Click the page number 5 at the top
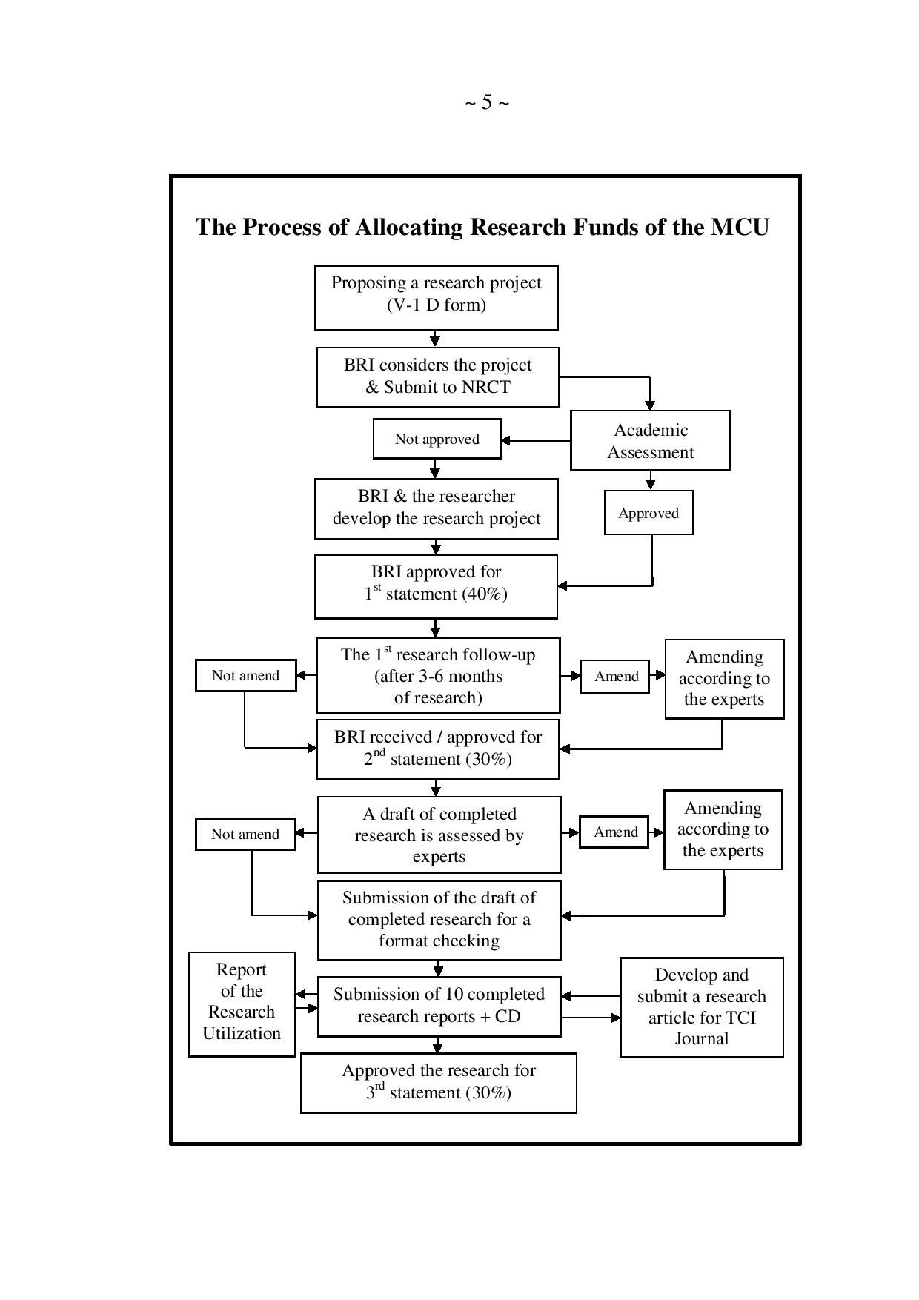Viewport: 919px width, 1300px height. [x=487, y=102]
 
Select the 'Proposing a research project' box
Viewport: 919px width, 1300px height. [x=436, y=297]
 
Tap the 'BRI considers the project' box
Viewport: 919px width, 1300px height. [x=437, y=377]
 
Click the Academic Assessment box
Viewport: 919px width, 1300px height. [x=650, y=441]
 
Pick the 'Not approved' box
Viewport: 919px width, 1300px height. [x=437, y=439]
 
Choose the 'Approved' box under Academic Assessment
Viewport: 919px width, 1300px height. [x=648, y=513]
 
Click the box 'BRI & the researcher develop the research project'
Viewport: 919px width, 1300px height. [x=436, y=508]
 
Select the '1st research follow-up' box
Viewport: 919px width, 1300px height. [x=438, y=675]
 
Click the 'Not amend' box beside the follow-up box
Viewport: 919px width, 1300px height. [x=245, y=675]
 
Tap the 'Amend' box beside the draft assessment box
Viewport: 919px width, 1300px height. [x=615, y=832]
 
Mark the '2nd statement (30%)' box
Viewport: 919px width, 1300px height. [x=437, y=749]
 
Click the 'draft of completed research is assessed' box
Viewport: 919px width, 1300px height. [x=439, y=835]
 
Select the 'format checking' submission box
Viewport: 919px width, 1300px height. [x=439, y=920]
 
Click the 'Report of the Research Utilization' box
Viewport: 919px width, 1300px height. [x=242, y=1004]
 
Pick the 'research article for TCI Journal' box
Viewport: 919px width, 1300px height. [x=701, y=1006]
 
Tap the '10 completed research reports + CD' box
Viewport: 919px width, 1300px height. [x=439, y=1006]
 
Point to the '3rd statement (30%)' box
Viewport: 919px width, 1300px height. [x=438, y=1082]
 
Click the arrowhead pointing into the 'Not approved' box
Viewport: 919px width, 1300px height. [x=507, y=440]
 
